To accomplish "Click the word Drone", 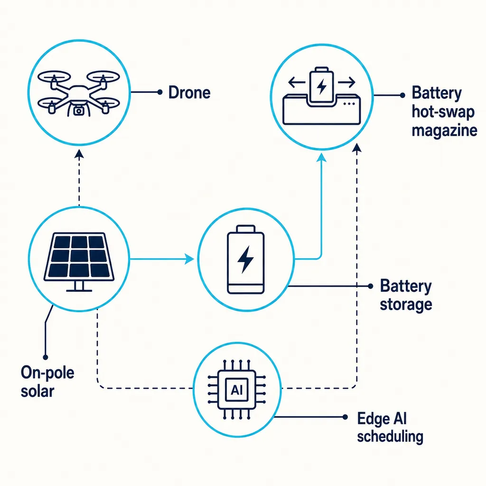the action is click(189, 93).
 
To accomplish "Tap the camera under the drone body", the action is click(79, 111).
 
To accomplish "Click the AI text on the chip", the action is click(236, 390).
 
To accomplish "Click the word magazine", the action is click(444, 131).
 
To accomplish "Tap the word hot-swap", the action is click(443, 112).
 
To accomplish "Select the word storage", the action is click(406, 305).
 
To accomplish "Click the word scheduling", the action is click(390, 437).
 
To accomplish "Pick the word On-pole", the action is click(47, 373).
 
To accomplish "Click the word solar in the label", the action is click(37, 392).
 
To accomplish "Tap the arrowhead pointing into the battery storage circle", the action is click(189, 259).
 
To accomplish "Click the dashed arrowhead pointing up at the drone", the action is click(79, 154).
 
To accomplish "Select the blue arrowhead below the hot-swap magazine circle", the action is click(321, 158).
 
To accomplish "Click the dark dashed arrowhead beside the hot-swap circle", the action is click(357, 148).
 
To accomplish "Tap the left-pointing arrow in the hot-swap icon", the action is click(297, 83).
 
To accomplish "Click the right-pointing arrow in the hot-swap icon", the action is click(346, 83).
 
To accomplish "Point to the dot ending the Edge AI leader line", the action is click(345, 417).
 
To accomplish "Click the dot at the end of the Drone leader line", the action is click(160, 92).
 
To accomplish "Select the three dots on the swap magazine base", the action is click(349, 104).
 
